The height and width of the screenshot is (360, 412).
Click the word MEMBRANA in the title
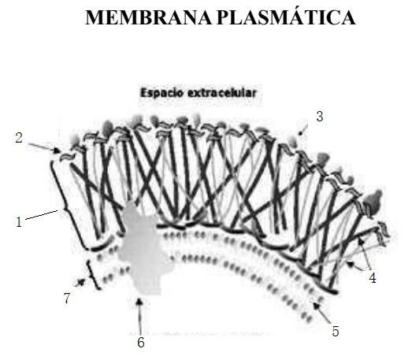click(148, 17)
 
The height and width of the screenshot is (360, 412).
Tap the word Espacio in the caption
click(161, 93)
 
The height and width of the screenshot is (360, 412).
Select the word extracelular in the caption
click(222, 93)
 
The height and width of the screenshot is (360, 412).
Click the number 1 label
click(19, 222)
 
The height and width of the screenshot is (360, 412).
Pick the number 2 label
click(19, 138)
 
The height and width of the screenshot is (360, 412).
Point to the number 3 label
click(320, 117)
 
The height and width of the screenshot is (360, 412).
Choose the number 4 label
click(373, 278)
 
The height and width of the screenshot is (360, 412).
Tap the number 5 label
click(336, 332)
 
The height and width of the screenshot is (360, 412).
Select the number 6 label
click(141, 343)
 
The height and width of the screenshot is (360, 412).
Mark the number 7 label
click(67, 298)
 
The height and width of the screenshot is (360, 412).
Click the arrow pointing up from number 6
click(140, 316)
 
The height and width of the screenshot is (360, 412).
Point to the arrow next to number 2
click(44, 147)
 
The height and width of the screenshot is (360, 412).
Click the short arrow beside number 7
click(80, 283)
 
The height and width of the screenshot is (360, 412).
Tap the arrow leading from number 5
click(322, 313)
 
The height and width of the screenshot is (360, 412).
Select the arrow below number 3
click(303, 130)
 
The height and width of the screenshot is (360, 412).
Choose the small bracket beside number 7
click(92, 275)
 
